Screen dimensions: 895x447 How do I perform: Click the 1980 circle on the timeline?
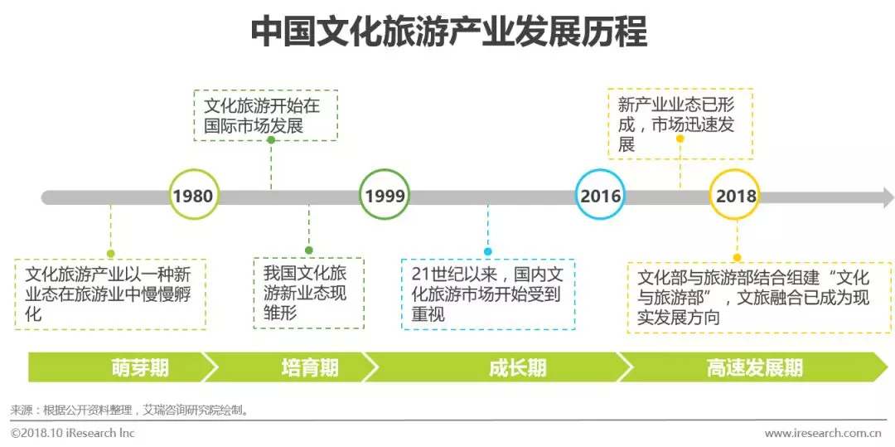(x=193, y=196)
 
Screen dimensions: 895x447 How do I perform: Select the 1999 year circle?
(x=385, y=196)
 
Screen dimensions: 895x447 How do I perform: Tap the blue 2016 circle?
(x=600, y=196)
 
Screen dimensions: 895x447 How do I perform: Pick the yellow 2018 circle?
(x=736, y=196)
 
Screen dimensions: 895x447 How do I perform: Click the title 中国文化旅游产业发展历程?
(x=448, y=33)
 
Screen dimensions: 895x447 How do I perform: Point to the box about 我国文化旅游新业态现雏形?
(x=308, y=293)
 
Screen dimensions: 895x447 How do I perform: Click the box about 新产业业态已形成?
(x=680, y=124)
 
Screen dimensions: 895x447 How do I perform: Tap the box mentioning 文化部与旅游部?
(x=758, y=297)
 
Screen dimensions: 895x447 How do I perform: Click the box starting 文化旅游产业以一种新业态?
(x=110, y=294)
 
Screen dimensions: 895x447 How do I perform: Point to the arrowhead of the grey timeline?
(x=888, y=197)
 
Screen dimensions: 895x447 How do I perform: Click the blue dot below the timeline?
(x=488, y=250)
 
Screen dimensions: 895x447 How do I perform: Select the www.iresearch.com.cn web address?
(x=824, y=433)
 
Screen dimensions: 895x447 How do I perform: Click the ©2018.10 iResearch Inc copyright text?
(x=73, y=433)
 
